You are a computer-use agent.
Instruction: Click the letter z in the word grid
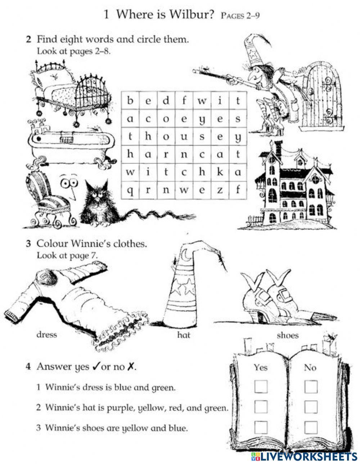(x=220, y=189)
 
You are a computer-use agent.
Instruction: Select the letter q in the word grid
(x=130, y=191)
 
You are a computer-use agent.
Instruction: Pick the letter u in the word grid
(x=184, y=137)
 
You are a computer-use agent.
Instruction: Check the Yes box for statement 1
(x=261, y=387)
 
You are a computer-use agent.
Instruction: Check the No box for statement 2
(x=311, y=407)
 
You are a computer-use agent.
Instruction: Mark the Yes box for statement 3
(x=261, y=427)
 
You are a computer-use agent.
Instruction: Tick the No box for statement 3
(x=311, y=427)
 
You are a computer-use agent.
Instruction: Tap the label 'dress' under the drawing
(x=47, y=334)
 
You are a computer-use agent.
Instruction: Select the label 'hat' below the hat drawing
(x=184, y=335)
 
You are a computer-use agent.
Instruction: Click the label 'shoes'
(x=288, y=335)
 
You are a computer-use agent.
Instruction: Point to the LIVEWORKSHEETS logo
(x=304, y=456)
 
